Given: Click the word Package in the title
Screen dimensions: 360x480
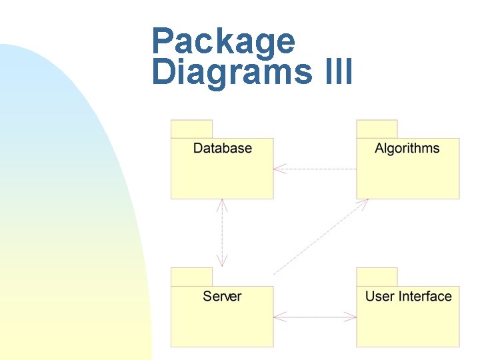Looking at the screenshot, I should point(223,41).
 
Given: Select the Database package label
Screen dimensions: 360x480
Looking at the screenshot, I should point(222,148).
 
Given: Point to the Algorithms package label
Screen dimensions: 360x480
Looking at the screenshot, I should point(407,148).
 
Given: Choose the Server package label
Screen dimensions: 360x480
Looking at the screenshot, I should point(222,296).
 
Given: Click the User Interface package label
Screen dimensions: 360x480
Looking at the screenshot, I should point(408,296).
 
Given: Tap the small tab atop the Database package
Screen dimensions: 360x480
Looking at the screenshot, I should point(191,129).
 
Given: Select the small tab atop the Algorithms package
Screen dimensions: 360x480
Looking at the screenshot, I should point(377,129).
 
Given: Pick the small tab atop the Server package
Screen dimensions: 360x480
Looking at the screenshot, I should point(191,277).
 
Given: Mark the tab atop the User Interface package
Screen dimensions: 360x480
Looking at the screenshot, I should point(377,277).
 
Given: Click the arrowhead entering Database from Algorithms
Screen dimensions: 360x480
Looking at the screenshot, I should point(279,169).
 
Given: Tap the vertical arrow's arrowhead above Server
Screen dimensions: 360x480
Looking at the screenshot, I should point(222,261).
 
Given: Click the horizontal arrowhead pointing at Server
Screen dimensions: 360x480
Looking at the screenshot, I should point(279,317).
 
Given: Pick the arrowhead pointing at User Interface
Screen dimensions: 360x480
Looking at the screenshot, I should point(351,317).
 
